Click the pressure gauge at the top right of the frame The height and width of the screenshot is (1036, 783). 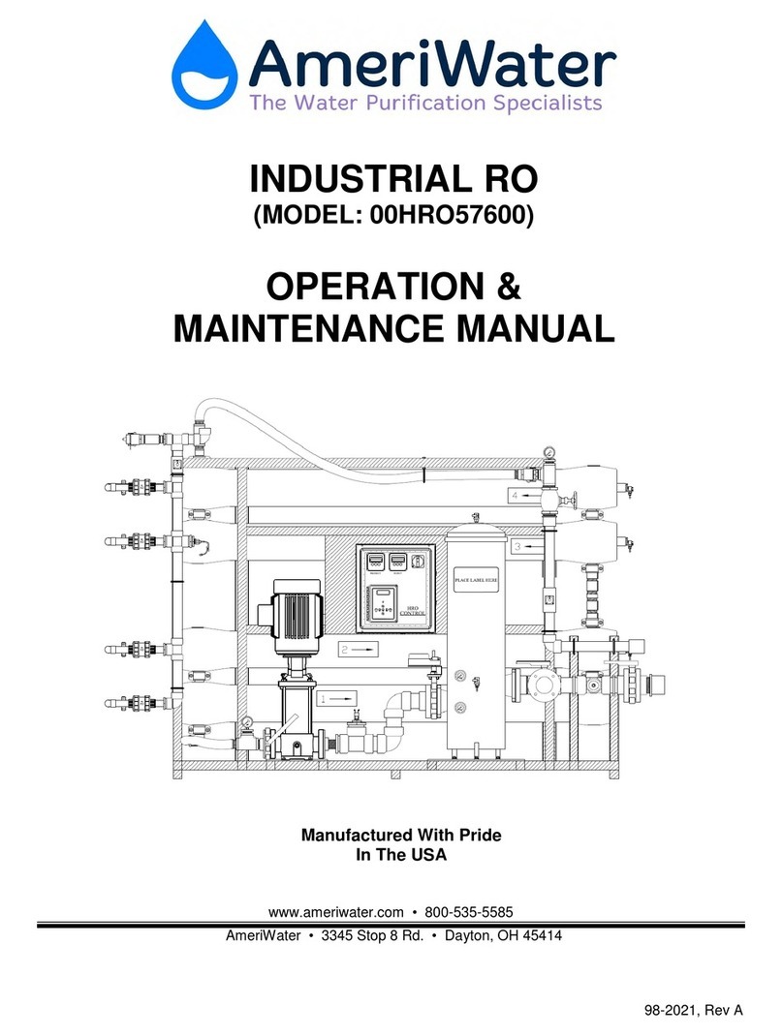pyautogui.click(x=548, y=450)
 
